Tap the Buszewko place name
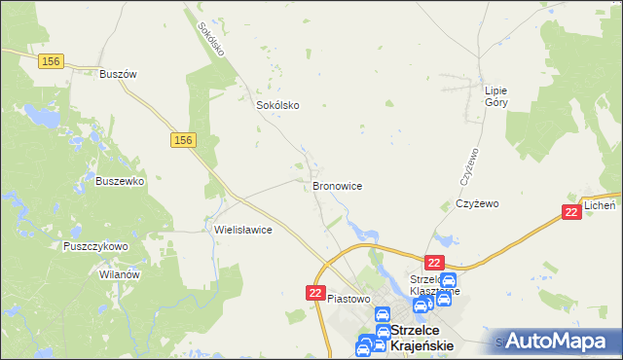pos(121,181)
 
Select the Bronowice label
pos(338,185)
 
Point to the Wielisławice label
pos(242,231)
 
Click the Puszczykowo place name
pos(95,247)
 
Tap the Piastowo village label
pos(350,299)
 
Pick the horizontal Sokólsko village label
pos(276,105)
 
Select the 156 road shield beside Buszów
pos(53,60)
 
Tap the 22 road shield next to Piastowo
pos(315,293)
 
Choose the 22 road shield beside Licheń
pos(572,211)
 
